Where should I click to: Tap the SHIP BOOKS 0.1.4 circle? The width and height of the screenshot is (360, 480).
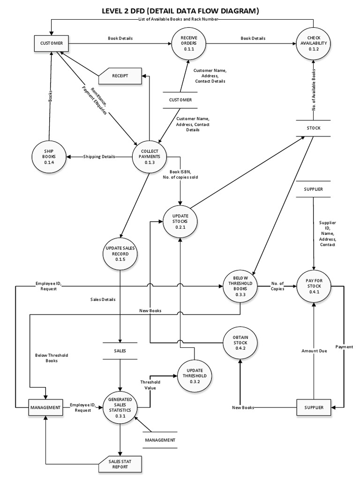click(50, 157)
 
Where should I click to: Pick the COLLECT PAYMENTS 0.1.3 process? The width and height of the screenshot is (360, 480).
click(150, 157)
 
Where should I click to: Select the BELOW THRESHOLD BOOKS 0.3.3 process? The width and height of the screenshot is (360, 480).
click(240, 286)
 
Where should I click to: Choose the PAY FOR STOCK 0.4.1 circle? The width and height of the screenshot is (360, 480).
click(314, 286)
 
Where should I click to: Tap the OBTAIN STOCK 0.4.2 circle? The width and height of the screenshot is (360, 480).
click(240, 343)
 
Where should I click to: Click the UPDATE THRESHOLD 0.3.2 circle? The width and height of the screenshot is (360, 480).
click(195, 376)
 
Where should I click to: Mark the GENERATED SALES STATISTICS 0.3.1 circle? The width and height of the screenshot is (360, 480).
click(120, 408)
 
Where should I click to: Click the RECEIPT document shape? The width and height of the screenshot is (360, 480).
click(120, 75)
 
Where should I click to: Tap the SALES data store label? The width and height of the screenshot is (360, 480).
click(120, 350)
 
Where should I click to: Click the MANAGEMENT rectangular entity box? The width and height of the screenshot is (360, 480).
click(45, 408)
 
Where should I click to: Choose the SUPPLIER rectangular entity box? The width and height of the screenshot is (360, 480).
click(313, 408)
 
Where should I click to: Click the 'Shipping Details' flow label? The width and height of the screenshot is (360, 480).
click(99, 157)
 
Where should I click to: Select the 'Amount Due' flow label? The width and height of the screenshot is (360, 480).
click(313, 350)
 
